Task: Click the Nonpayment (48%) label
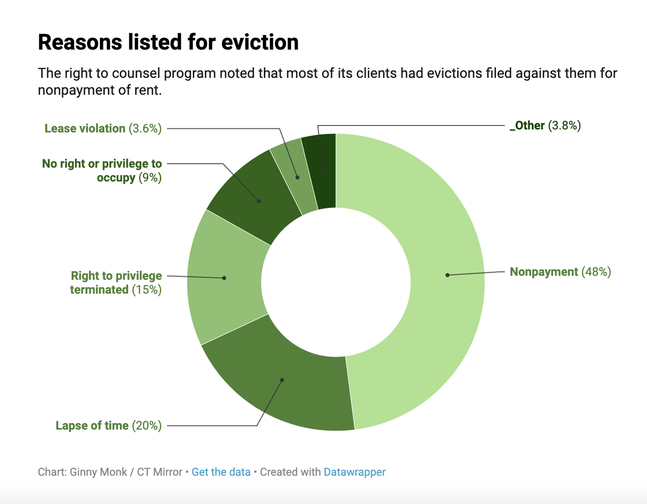tap(560, 272)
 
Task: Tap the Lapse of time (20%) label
tap(108, 426)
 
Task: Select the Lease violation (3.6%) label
tap(103, 128)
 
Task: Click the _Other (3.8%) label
tap(545, 126)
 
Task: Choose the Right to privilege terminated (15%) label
tap(116, 283)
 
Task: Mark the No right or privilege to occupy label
tap(102, 171)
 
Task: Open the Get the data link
tap(221, 472)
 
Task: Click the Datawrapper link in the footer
tap(354, 472)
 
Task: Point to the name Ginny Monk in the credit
tap(98, 472)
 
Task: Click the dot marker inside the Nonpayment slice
tap(447, 275)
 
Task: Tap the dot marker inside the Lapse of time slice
tap(282, 380)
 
